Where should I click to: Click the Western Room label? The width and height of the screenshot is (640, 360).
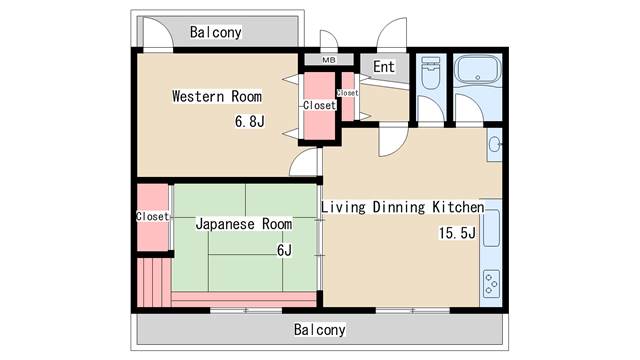click(x=217, y=97)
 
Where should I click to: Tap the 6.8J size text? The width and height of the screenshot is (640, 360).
click(x=249, y=121)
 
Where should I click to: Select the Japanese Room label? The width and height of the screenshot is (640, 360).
click(x=244, y=224)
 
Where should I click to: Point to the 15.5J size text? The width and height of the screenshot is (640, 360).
click(x=457, y=233)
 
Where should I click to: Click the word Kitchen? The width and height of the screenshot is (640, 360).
click(x=458, y=207)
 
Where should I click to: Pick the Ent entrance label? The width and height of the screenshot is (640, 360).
click(x=384, y=67)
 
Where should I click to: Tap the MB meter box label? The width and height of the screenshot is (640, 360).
click(x=329, y=60)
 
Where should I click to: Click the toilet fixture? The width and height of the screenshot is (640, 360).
click(x=430, y=73)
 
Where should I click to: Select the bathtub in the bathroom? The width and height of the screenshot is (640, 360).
click(x=478, y=69)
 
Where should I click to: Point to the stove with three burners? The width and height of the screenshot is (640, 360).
click(x=491, y=283)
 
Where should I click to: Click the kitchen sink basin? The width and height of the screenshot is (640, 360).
click(x=491, y=228)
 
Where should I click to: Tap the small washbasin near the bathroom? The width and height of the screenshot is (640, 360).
click(x=495, y=144)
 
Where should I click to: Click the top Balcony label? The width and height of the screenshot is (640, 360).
click(x=216, y=32)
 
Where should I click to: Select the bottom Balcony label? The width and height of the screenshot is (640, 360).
click(x=320, y=329)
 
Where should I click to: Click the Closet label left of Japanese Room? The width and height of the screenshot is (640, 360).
click(x=152, y=216)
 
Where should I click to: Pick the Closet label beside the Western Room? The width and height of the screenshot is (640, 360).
click(x=319, y=105)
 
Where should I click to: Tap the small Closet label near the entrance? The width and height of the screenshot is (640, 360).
click(x=347, y=93)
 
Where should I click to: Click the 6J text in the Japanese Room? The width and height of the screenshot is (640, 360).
click(x=284, y=250)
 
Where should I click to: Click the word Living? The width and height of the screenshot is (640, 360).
click(x=343, y=207)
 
